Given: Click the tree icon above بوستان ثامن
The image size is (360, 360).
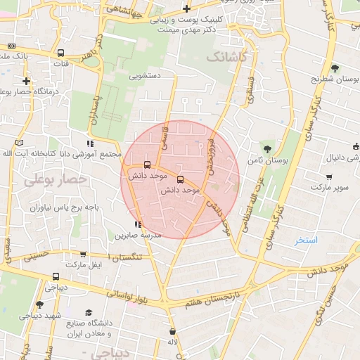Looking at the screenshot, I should coord(267,148).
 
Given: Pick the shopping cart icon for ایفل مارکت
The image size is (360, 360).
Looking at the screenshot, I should coord(84,255).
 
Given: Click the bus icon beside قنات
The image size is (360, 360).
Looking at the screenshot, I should coord(60,53).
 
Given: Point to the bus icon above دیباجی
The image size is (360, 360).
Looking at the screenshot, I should coord(56,276).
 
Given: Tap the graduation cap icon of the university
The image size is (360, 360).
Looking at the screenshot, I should coord(89,313).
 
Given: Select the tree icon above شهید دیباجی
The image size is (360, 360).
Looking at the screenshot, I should coord(39,304).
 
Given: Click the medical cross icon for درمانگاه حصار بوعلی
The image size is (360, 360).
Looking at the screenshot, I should coord(26,81).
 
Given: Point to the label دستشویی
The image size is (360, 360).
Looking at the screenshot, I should coord(146,74).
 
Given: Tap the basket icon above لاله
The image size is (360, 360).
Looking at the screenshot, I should coord(173,332).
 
